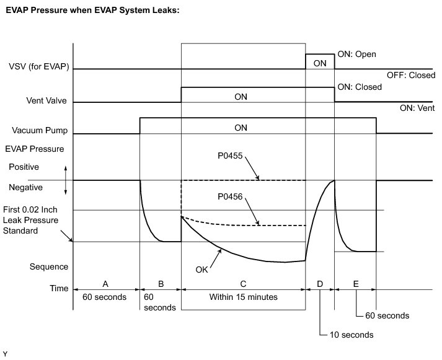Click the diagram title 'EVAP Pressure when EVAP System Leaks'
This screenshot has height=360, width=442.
pos(92,11)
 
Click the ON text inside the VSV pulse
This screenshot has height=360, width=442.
pos(320,63)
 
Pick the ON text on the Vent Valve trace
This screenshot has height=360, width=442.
pos(241,96)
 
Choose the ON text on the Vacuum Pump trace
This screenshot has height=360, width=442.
pos(241,128)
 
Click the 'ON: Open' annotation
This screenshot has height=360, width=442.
pos(356,54)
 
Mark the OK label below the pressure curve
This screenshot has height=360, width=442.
pos(201,270)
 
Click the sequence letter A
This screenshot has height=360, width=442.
pos(105,284)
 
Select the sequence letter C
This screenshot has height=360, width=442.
pos(242,284)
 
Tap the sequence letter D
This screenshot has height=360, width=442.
pos(319,284)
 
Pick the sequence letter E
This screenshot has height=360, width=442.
pos(355,284)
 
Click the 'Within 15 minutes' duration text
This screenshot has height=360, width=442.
pos(242,297)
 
